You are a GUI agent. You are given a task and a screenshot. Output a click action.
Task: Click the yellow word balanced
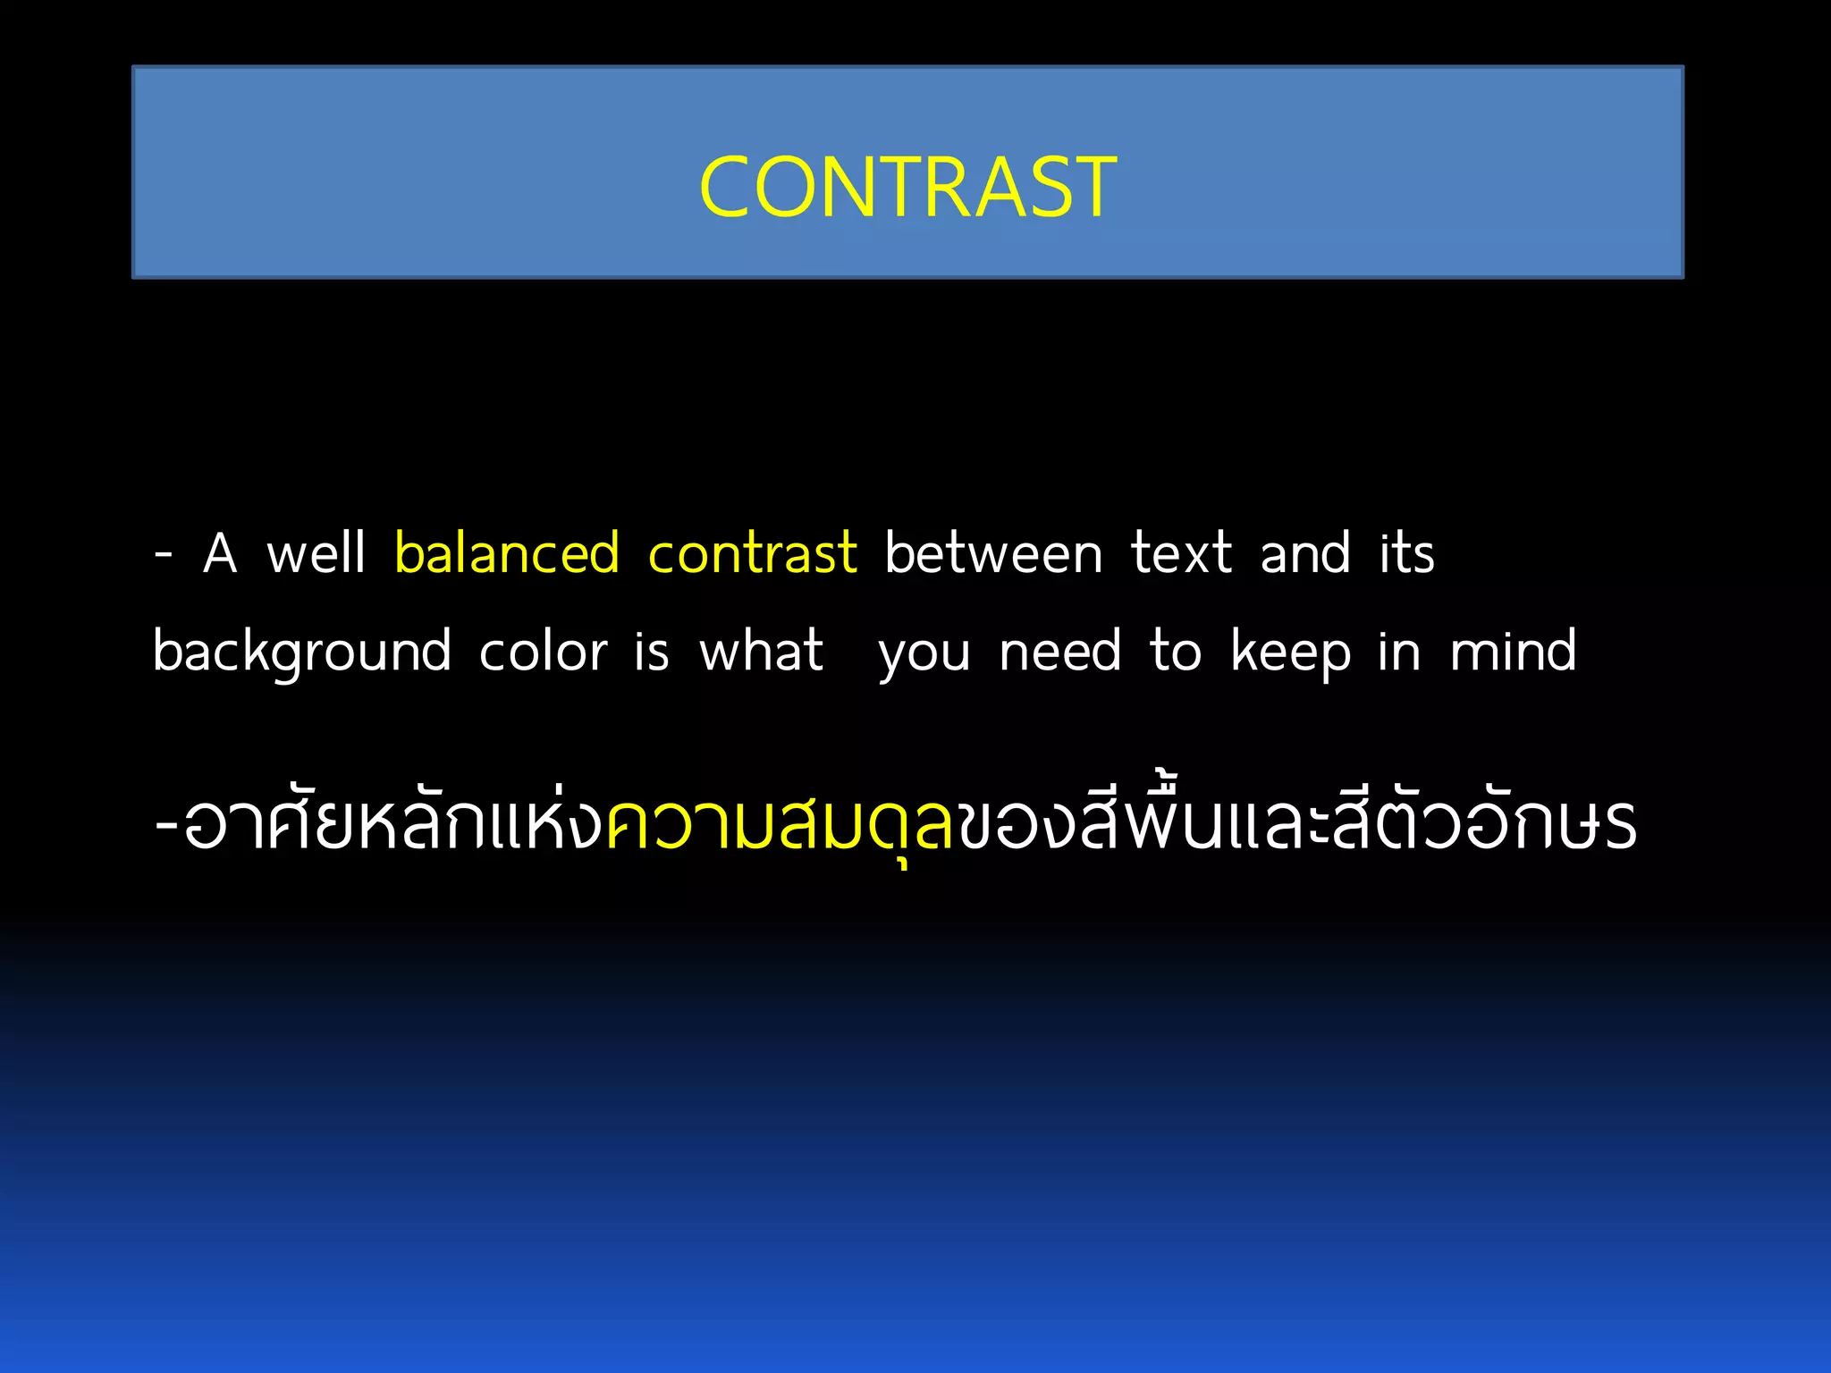507,552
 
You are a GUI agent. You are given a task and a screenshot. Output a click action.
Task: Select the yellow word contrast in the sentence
752,552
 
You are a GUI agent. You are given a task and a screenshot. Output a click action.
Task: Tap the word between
993,552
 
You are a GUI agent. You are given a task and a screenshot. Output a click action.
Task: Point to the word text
1181,552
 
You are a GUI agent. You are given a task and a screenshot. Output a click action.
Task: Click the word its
1406,552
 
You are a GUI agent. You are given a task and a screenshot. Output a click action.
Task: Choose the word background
302,652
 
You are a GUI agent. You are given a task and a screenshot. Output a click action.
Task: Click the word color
543,652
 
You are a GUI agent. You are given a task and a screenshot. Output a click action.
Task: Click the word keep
1290,652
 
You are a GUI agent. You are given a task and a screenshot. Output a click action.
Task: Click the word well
316,552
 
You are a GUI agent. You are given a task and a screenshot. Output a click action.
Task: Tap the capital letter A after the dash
220,552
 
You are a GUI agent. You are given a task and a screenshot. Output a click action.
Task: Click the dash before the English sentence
163,554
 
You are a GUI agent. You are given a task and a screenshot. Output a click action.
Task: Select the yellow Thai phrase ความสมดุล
780,822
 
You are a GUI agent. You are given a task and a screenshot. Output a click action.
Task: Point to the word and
1304,552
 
